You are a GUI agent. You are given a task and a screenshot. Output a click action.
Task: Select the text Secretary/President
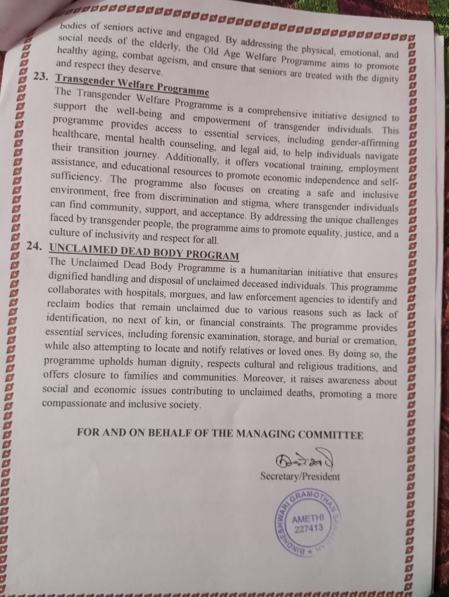point(300,476)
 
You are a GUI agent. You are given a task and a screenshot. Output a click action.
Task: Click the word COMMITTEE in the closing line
point(331,435)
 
